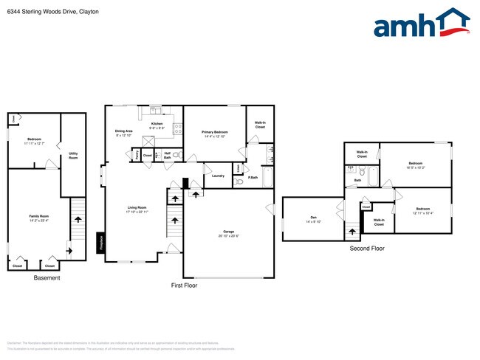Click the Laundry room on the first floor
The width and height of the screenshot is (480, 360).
tap(218, 176)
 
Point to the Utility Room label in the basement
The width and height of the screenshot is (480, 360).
tap(73, 156)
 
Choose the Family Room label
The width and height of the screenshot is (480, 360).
tap(38, 218)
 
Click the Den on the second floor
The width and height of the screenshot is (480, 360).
tap(312, 219)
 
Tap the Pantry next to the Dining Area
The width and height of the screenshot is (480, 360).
tap(136, 156)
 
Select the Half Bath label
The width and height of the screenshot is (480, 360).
tap(168, 156)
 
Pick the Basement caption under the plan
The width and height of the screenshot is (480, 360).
tap(47, 277)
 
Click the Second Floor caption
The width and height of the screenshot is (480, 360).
tap(366, 249)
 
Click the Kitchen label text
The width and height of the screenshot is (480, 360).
tap(157, 124)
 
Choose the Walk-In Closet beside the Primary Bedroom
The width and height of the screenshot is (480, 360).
tap(260, 125)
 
